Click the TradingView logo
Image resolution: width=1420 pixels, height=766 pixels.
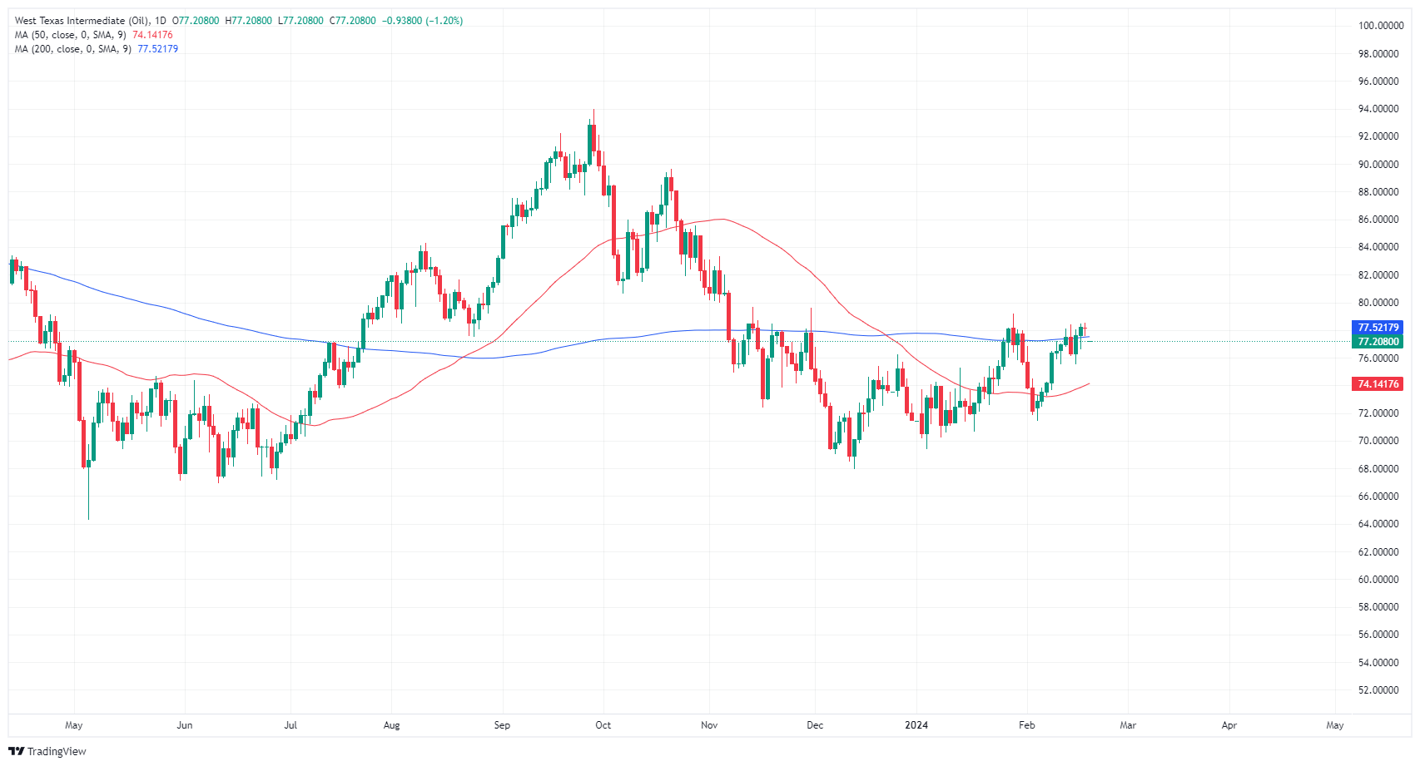click(47, 751)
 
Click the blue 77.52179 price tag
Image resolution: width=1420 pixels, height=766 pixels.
click(1378, 328)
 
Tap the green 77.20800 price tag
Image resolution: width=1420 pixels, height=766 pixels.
click(1378, 342)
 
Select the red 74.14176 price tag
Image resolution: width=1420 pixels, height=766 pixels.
click(1378, 384)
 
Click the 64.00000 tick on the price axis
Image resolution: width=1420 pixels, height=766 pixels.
click(1378, 524)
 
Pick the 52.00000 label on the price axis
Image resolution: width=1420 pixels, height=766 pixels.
click(1378, 690)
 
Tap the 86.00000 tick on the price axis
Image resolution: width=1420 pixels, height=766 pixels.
click(1378, 220)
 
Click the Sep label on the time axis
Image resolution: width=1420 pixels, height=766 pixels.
click(502, 725)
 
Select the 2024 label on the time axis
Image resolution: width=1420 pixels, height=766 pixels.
click(916, 725)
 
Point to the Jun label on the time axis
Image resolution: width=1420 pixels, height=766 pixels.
click(185, 725)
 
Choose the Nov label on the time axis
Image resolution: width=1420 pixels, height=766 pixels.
click(709, 725)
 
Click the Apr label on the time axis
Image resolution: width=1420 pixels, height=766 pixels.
click(1229, 725)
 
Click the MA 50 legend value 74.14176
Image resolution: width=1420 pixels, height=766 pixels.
click(153, 35)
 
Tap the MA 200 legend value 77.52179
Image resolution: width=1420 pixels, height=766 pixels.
click(157, 49)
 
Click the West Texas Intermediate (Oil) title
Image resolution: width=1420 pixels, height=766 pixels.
click(82, 21)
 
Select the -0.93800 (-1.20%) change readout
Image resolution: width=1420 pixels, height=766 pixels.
click(422, 21)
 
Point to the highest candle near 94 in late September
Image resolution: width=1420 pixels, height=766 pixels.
click(593, 137)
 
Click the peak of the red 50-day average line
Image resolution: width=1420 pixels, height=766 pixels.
click(721, 220)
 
